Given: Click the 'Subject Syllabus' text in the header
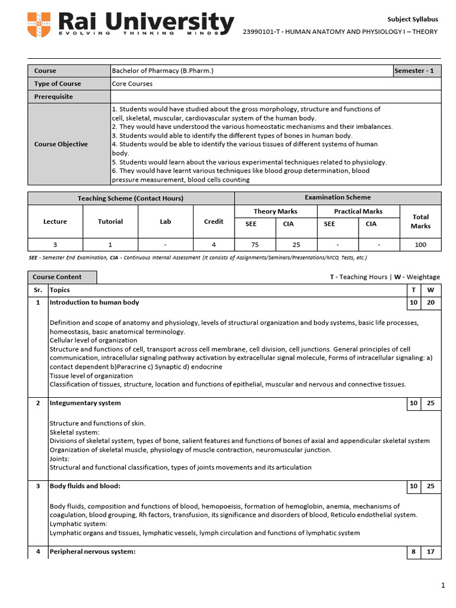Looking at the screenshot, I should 413,19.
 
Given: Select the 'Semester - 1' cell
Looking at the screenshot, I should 417,71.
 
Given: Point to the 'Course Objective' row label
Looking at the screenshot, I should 61,144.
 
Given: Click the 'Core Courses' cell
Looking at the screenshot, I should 132,84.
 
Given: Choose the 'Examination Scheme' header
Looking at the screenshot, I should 337,198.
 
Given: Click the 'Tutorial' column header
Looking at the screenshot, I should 110,221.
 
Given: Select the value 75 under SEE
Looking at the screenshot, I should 255,244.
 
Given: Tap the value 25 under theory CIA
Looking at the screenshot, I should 296,244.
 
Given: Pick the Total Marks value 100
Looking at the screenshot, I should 420,244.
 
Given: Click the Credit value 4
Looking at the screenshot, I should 214,244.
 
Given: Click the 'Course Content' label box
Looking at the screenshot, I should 62,277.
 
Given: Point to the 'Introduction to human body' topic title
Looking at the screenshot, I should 94,302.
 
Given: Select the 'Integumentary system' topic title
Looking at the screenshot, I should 85,403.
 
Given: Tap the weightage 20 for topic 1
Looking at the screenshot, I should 430,302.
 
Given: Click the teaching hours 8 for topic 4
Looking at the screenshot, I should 413,552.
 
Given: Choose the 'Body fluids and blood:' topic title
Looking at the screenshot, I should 85,486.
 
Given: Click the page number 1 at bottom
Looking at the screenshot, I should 442,586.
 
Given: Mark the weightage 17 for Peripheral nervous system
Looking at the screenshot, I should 430,552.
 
